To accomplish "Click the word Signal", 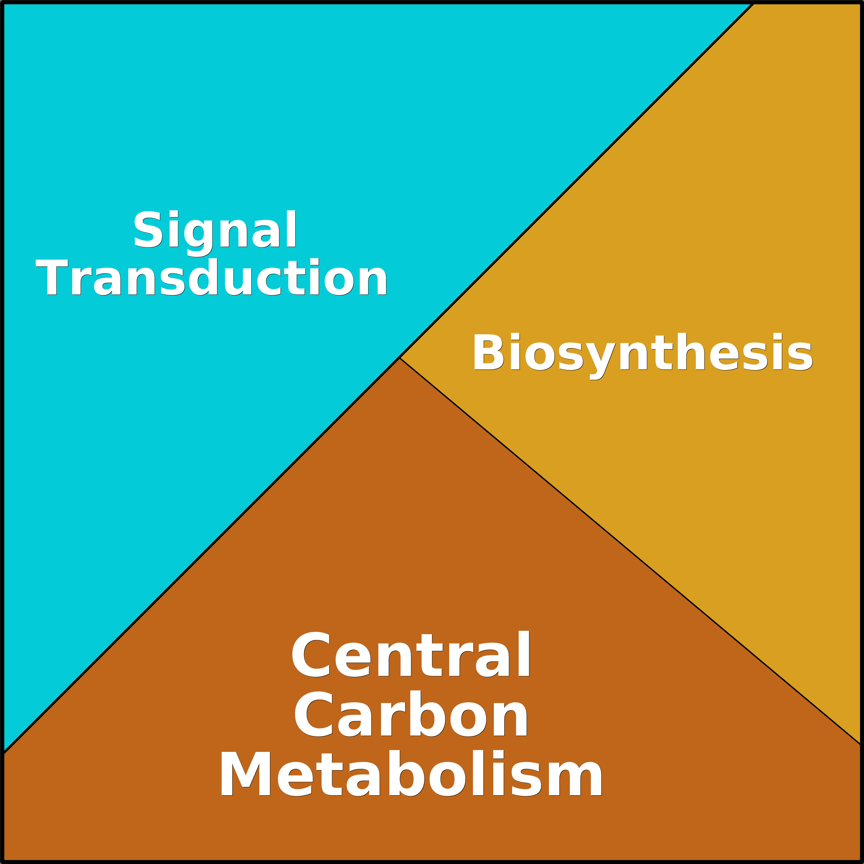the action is click(x=215, y=233).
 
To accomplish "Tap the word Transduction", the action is click(x=212, y=277).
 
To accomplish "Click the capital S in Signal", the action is click(x=148, y=228).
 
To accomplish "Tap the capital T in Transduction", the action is click(x=52, y=277).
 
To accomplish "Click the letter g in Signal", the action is click(x=199, y=238).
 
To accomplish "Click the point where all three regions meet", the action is click(x=399, y=358).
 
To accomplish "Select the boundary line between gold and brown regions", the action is click(x=630, y=551).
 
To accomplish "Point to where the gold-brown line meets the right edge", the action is click(x=861, y=744).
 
